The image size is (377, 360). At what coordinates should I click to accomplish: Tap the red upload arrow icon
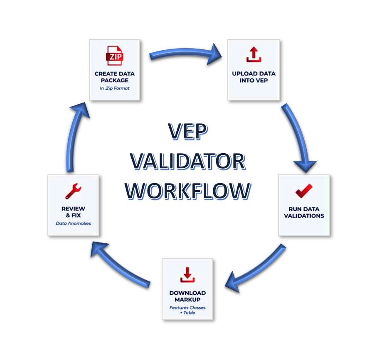254,55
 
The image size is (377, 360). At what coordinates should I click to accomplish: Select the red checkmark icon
304,191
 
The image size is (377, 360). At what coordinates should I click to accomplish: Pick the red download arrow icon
187,275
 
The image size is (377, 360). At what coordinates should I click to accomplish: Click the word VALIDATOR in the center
188,162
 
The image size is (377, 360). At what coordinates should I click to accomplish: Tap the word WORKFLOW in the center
188,191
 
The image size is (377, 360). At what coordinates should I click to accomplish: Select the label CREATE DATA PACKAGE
114,77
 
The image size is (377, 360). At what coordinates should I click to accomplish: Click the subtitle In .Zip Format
114,88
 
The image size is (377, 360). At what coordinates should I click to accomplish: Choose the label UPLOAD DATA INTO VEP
254,77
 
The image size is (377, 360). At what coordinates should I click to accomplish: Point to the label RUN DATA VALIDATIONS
304,212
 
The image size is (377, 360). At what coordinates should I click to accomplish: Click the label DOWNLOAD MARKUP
187,296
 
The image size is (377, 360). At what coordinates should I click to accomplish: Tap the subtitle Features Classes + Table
187,310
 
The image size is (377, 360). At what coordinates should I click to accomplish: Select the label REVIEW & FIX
73,211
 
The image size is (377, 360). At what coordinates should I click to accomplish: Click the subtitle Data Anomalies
73,223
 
